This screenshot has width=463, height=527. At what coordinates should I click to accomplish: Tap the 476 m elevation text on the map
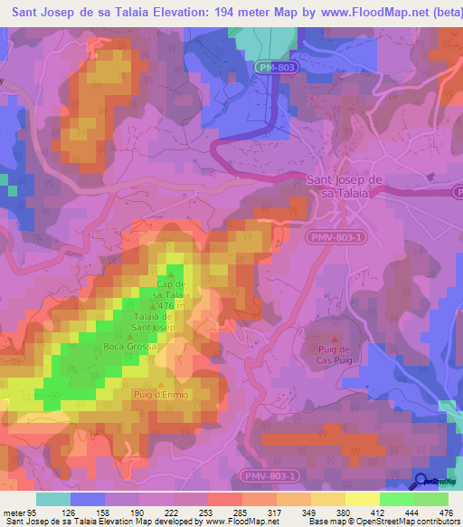tap(171, 305)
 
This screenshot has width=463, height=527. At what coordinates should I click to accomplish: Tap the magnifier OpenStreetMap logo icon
tap(421, 481)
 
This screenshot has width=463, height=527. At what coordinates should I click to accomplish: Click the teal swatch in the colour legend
tap(52, 498)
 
